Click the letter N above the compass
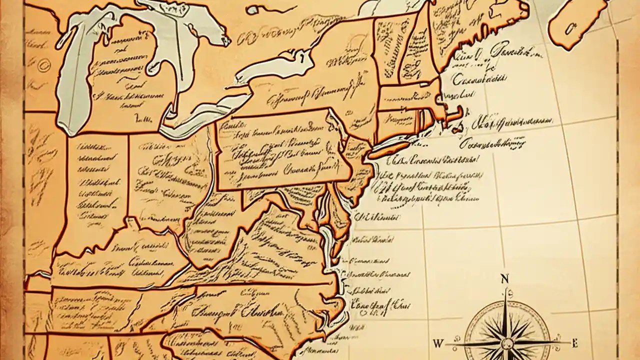click(504, 279)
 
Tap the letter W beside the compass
click(438, 343)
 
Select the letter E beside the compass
click(574, 343)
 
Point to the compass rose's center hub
click(506, 343)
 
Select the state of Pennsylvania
click(280, 150)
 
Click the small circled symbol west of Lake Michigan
click(42, 63)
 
